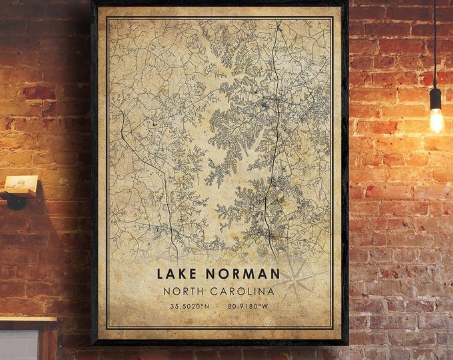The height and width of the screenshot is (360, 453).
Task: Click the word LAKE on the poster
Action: click(178, 273)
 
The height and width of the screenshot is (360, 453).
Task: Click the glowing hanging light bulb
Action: click(436, 121)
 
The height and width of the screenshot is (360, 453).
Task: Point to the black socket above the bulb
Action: click(435, 98)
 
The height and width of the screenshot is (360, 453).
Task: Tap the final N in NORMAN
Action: click(275, 273)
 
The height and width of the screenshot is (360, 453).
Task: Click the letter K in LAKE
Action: click(183, 273)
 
